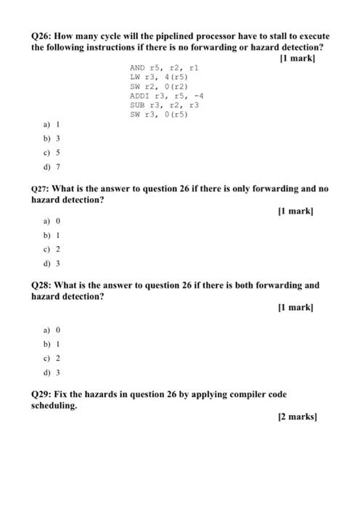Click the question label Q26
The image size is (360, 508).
41,36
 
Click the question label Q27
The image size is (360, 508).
41,189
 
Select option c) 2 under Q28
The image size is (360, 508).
51,359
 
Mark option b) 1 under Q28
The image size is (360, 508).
51,343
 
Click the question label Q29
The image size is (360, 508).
41,394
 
